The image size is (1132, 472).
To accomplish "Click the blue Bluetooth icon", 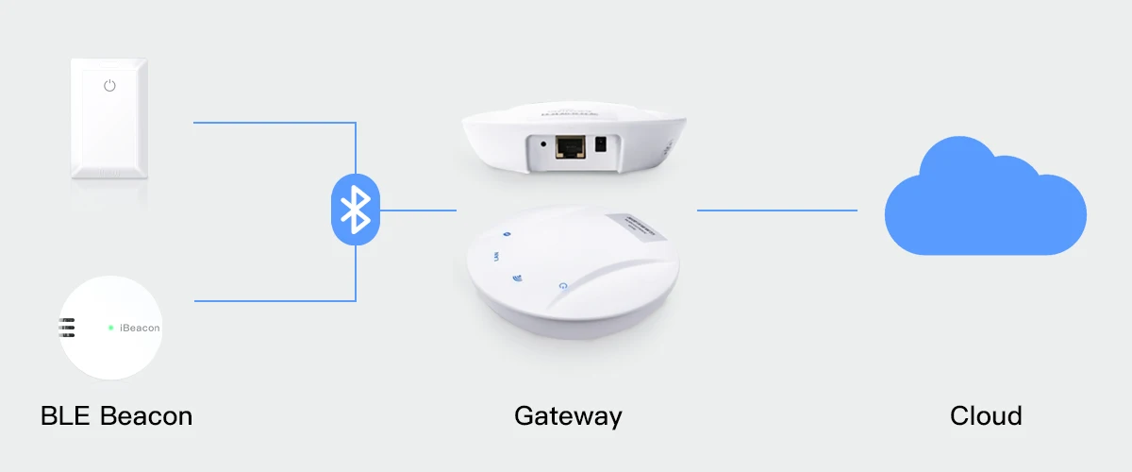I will point(355,211).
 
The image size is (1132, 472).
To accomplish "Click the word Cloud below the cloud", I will point(986,415).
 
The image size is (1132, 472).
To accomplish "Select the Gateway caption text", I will point(568,415).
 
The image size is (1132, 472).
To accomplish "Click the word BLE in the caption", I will point(66,415).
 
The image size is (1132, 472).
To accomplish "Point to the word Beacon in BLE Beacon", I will point(146,415).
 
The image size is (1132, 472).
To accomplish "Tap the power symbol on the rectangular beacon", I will point(109,86).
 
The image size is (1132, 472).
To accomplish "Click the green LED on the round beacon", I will point(110,328).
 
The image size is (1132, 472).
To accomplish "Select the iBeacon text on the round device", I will point(138,328).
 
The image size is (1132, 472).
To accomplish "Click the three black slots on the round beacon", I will point(67,328).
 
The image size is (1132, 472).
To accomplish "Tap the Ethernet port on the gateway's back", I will point(570,146).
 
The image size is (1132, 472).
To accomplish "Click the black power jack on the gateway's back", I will point(602,145).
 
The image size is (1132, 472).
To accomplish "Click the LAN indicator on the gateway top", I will point(495,255).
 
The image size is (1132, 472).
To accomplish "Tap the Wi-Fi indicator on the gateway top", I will point(517,278).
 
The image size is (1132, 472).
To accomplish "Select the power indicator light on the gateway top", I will point(562,285).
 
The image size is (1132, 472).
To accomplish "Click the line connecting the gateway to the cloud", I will point(776,210).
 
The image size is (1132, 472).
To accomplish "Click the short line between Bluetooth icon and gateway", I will point(418,210).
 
